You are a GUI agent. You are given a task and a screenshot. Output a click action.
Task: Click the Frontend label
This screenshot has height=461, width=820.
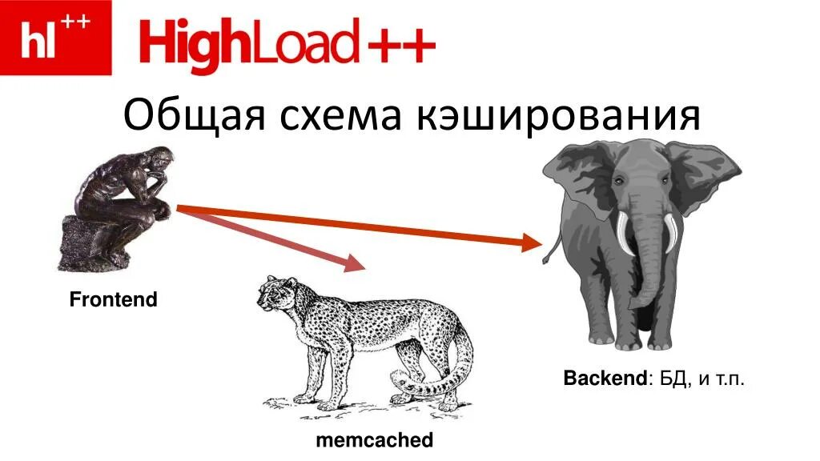coord(113,301)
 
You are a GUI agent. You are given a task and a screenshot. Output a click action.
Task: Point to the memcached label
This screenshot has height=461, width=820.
coord(375,440)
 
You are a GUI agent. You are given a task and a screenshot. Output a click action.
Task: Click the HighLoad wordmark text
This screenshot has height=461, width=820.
coord(248,45)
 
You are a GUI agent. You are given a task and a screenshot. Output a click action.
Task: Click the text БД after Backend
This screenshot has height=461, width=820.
coord(673,379)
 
